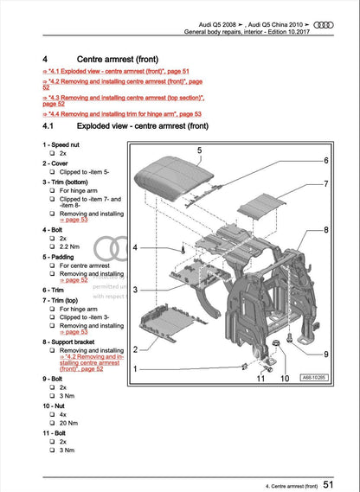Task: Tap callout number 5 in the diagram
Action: point(199,151)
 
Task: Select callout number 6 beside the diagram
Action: point(325,161)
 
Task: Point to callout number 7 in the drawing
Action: point(325,184)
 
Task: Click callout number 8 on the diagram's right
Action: point(325,230)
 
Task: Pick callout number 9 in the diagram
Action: point(325,355)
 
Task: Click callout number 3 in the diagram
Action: point(136,290)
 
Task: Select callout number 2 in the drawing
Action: point(136,348)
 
